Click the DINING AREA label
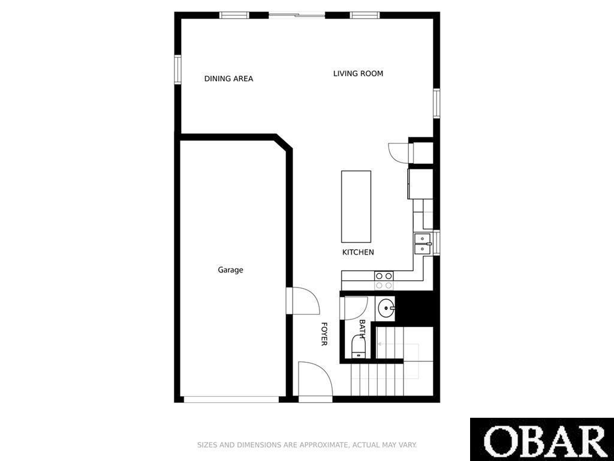(228, 79)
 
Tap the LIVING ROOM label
(358, 73)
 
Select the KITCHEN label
(358, 252)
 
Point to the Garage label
(230, 270)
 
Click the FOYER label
(324, 334)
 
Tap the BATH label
(362, 330)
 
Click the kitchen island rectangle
(356, 206)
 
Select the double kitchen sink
(423, 244)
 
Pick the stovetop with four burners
(384, 280)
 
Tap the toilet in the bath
(359, 347)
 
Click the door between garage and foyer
(303, 301)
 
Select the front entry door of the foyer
(315, 379)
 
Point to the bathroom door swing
(356, 309)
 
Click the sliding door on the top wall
(297, 15)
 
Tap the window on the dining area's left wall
(177, 70)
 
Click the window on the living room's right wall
(437, 103)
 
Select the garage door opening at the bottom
(231, 399)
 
